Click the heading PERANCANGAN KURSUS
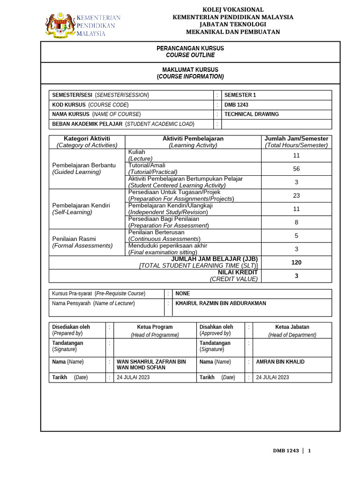tap(190, 48)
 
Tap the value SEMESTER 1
tap(240, 95)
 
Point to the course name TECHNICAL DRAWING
tap(251, 114)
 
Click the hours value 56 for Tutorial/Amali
tap(296, 169)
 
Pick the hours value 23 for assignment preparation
tap(296, 195)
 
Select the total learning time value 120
tap(296, 262)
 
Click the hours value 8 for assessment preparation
tap(296, 222)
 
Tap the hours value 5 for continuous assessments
tap(296, 236)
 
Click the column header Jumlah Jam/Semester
tap(296, 139)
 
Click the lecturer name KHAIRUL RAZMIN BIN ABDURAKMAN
tap(220, 303)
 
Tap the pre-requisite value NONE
tap(183, 293)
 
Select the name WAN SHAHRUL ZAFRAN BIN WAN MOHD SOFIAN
tap(151, 365)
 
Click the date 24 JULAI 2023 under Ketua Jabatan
tap(272, 377)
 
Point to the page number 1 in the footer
tap(309, 451)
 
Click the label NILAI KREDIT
tap(238, 272)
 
